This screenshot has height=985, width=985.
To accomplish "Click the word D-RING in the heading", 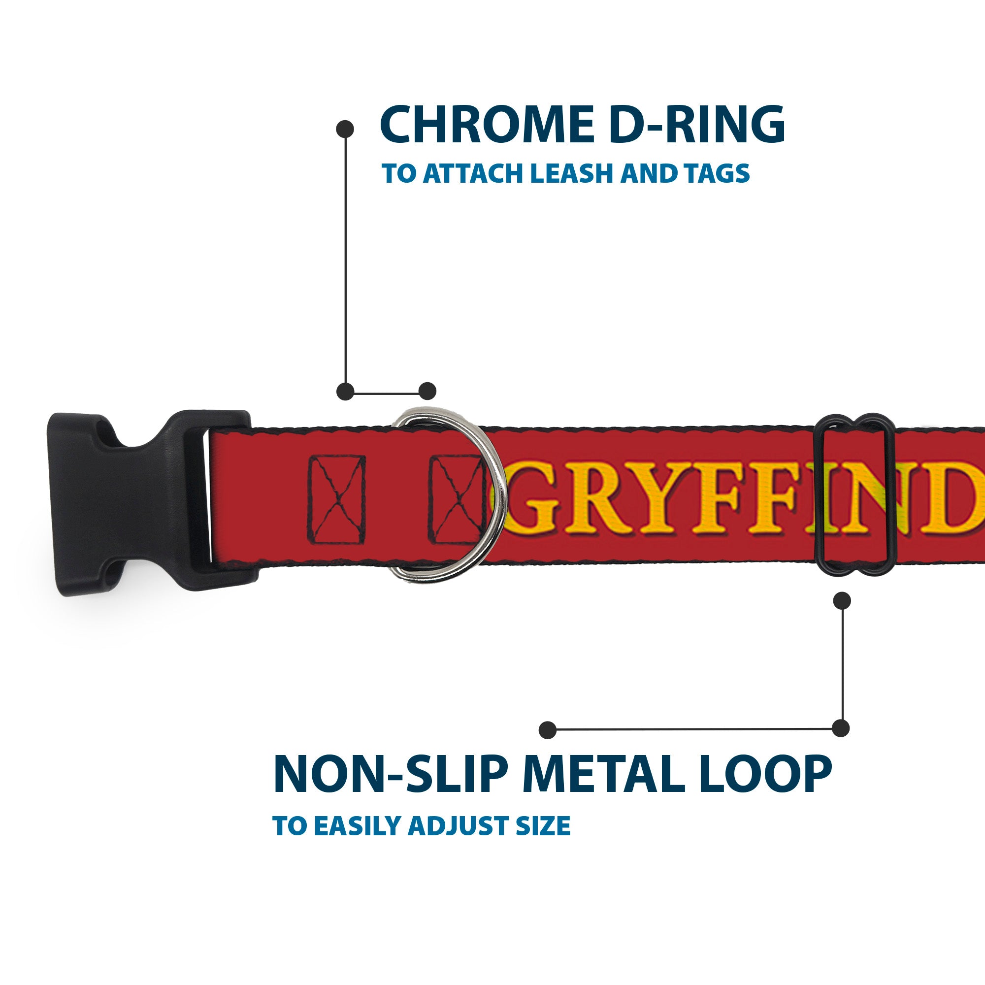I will [x=696, y=125].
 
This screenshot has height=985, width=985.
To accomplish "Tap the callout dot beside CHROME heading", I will [x=345, y=129].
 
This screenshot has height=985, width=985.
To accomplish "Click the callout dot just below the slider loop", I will [x=842, y=600].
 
